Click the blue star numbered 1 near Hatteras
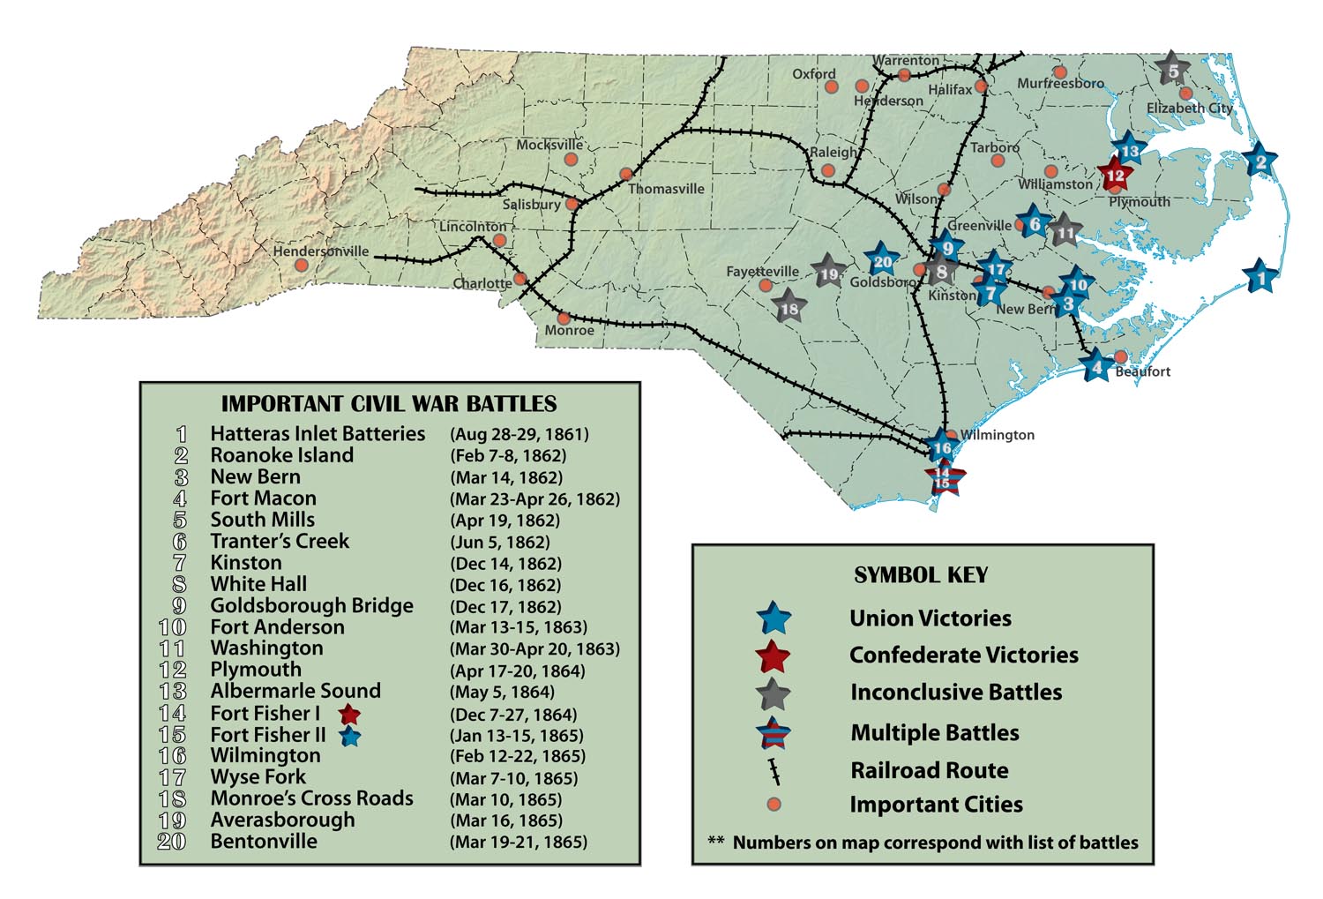(x=1260, y=277)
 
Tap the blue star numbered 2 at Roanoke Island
(x=1260, y=161)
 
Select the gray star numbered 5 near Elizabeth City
(x=1172, y=70)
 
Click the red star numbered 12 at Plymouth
(x=1115, y=175)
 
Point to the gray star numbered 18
(x=789, y=308)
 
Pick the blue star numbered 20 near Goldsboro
(x=881, y=261)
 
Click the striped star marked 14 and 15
(x=943, y=479)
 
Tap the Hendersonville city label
(x=320, y=251)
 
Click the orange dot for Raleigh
(x=827, y=171)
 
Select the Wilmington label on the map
(x=997, y=435)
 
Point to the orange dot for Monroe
(x=564, y=318)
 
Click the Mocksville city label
(x=549, y=145)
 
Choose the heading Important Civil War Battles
(x=389, y=404)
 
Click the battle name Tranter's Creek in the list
(x=280, y=541)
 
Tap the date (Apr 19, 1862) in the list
(x=505, y=521)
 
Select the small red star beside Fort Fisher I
(x=349, y=714)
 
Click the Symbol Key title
(x=921, y=575)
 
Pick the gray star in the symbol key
(x=774, y=693)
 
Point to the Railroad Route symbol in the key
(x=774, y=771)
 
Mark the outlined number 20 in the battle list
(x=171, y=841)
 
